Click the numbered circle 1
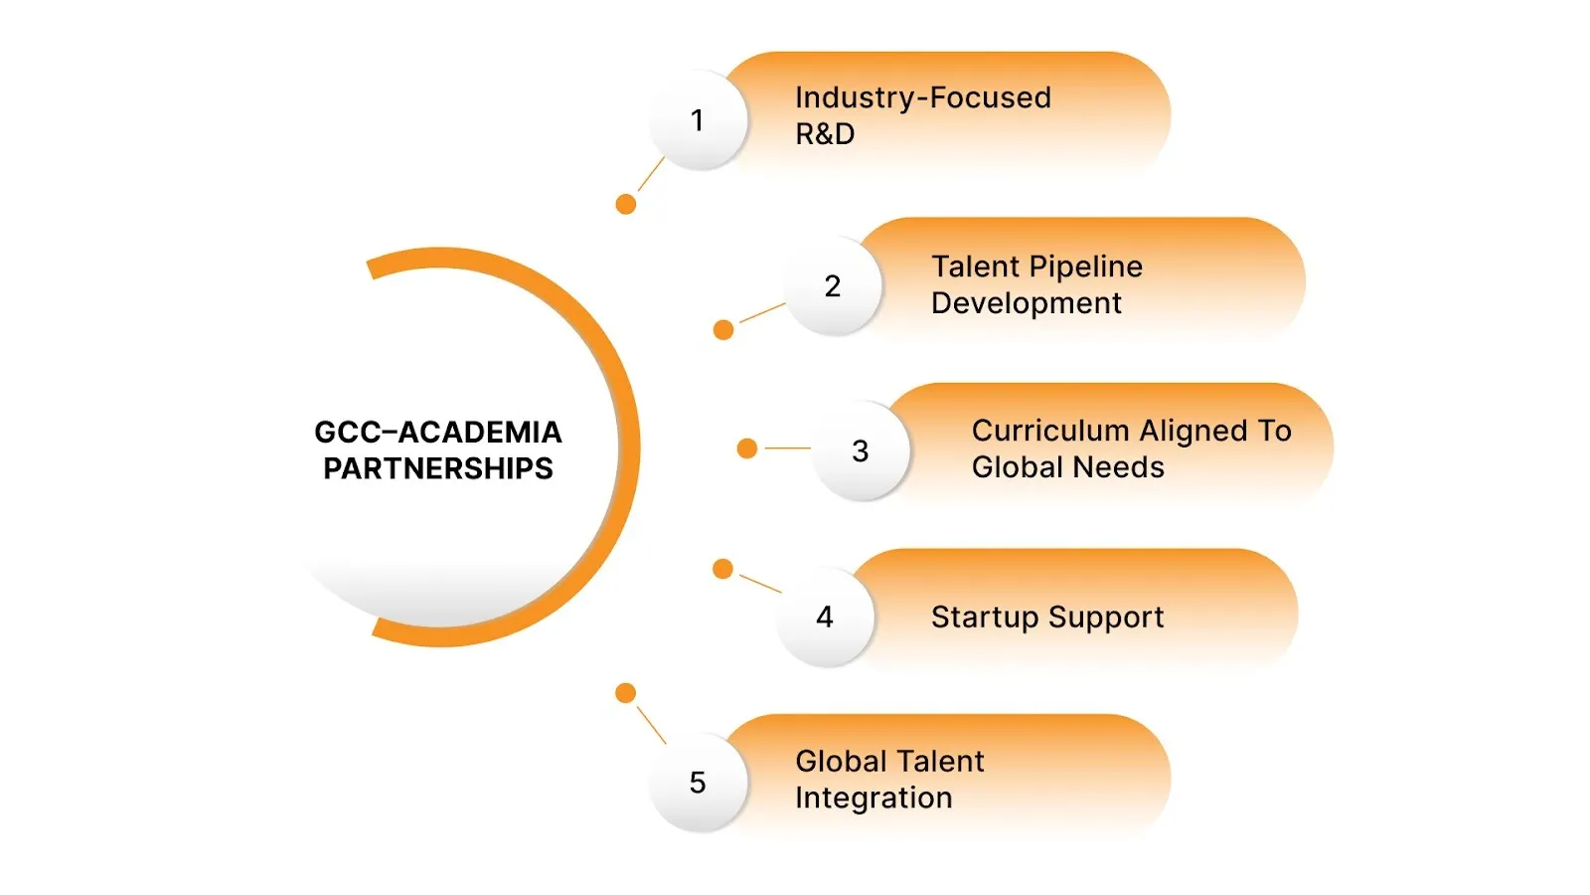tap(698, 120)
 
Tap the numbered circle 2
tap(833, 286)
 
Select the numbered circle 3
tap(861, 451)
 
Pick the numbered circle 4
tap(825, 618)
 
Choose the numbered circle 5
tap(698, 783)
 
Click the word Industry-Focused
tap(922, 97)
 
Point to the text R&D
tap(825, 134)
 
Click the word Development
tap(1026, 303)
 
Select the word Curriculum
tap(1050, 431)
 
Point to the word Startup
tap(985, 618)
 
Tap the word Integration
tap(874, 798)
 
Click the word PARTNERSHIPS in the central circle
tap(438, 468)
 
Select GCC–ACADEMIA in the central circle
tap(438, 432)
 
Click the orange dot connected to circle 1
tap(626, 204)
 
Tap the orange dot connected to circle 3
tap(747, 448)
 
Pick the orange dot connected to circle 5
tap(625, 693)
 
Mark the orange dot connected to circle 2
tap(723, 329)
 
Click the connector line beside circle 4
tap(760, 584)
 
